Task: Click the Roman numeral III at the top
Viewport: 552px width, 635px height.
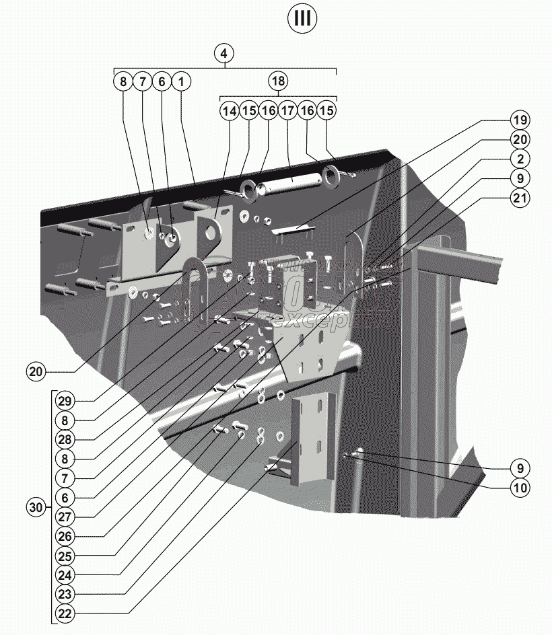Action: pyautogui.click(x=303, y=18)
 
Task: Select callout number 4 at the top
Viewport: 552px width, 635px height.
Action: pyautogui.click(x=225, y=52)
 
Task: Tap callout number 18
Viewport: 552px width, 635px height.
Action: pyautogui.click(x=278, y=81)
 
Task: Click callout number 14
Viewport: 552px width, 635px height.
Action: pyautogui.click(x=230, y=110)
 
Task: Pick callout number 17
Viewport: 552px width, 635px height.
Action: pyautogui.click(x=288, y=110)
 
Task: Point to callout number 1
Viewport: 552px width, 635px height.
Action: pyautogui.click(x=181, y=81)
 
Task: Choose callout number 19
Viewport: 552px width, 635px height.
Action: pyautogui.click(x=518, y=121)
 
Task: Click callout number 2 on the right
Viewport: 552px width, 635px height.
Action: pyautogui.click(x=518, y=159)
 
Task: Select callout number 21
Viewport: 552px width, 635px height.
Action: pyautogui.click(x=518, y=198)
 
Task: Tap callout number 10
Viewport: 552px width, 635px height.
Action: pyautogui.click(x=518, y=486)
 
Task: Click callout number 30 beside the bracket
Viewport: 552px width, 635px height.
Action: pyautogui.click(x=36, y=506)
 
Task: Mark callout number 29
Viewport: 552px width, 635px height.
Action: pyautogui.click(x=65, y=400)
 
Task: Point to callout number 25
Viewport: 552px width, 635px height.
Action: pyautogui.click(x=65, y=556)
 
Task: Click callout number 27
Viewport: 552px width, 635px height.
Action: pyautogui.click(x=65, y=517)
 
